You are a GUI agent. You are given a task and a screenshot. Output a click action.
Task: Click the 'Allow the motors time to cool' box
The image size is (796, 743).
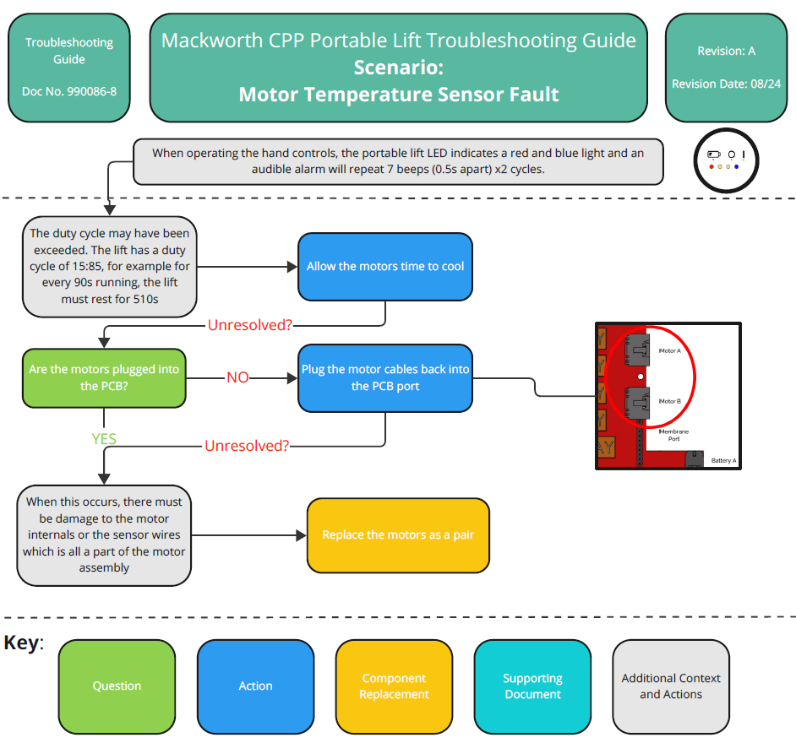coord(384,266)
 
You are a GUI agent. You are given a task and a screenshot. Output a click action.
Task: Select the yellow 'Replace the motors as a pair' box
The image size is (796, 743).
coord(398,535)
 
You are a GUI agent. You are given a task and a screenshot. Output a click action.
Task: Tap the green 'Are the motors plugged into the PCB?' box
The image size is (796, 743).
coord(104,377)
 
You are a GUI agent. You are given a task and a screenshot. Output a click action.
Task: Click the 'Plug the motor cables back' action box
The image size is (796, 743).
coord(384,377)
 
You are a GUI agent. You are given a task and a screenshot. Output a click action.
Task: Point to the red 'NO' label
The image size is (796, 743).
coord(237,377)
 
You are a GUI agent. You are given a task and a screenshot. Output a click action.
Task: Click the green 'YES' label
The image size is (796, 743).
coord(104,438)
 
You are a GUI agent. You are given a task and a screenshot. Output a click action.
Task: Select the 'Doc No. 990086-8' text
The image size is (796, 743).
coord(68,90)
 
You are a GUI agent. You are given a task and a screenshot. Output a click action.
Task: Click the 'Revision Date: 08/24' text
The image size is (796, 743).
coord(726,84)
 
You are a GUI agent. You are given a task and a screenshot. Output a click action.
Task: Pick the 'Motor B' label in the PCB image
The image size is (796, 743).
coord(669,401)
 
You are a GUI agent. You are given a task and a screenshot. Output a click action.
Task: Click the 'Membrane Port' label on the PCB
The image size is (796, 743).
coord(673,435)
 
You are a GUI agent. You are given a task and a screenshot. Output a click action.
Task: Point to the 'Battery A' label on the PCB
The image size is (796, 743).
coord(723,461)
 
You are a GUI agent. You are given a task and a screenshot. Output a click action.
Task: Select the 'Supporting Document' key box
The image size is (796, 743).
coord(532,686)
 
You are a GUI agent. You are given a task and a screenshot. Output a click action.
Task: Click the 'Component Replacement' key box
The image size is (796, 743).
coord(394,686)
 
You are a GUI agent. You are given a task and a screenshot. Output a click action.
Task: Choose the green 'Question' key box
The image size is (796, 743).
coord(117,686)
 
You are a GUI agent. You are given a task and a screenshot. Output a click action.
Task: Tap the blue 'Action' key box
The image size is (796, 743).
coord(255,686)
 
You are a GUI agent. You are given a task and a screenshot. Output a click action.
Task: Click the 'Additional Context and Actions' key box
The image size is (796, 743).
coord(671,686)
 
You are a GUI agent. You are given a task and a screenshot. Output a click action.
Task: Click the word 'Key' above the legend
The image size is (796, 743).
coord(21,643)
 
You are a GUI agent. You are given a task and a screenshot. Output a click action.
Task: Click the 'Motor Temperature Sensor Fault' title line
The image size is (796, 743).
coord(398,94)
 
